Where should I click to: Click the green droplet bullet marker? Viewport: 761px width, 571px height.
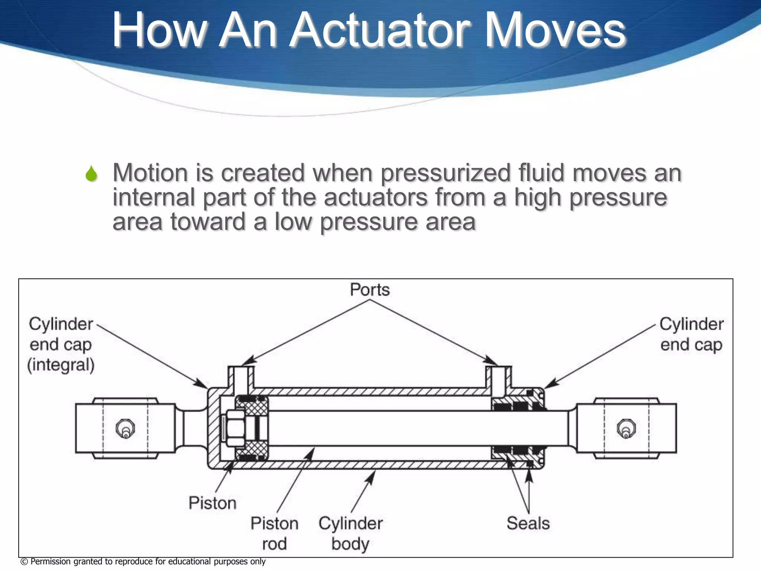(x=91, y=174)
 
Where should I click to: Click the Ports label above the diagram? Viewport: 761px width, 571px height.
(x=370, y=290)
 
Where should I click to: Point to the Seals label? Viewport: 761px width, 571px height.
(x=528, y=523)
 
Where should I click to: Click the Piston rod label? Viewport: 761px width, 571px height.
(x=274, y=533)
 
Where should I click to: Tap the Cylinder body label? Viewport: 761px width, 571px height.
(x=350, y=533)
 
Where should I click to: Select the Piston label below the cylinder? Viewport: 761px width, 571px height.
(x=212, y=503)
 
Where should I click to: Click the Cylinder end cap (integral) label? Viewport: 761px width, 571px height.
(x=61, y=344)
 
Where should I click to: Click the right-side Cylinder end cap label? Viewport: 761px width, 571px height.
(x=692, y=334)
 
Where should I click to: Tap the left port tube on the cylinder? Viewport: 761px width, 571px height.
(x=241, y=377)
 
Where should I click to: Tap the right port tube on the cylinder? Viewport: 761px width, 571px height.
(x=498, y=377)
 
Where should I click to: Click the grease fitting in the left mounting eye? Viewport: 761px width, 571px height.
(x=125, y=429)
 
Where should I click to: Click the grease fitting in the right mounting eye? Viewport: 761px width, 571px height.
(x=626, y=429)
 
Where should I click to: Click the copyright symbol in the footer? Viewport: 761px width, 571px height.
(x=24, y=562)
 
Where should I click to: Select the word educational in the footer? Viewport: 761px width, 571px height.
(x=189, y=561)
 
